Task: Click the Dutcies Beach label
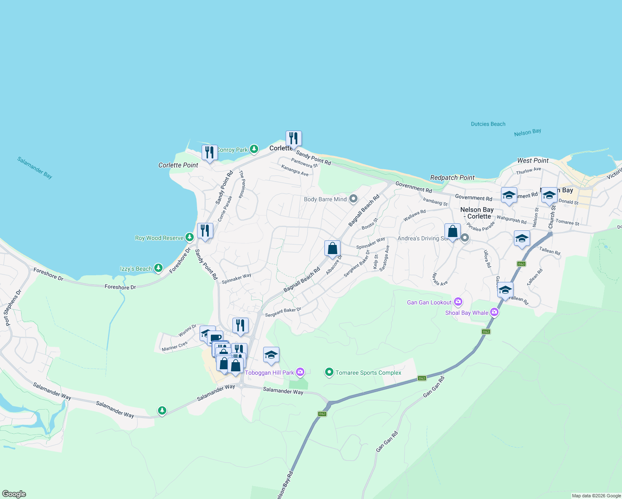488,124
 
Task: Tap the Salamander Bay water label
35,168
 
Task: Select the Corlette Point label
178,165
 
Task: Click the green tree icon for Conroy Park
254,149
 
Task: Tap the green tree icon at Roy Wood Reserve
190,237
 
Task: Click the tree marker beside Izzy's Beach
158,268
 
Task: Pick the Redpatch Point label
452,178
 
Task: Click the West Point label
533,161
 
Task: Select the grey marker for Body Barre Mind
353,199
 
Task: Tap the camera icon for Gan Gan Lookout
458,302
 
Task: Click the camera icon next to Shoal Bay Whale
494,312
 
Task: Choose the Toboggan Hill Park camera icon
301,372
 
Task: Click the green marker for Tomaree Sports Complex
329,372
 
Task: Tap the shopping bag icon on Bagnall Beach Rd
332,248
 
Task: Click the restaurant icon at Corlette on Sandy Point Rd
294,138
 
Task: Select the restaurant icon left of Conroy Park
210,153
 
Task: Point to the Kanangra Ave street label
295,170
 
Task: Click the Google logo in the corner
14,494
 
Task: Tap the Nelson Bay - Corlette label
477,213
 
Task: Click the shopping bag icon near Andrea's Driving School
452,231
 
